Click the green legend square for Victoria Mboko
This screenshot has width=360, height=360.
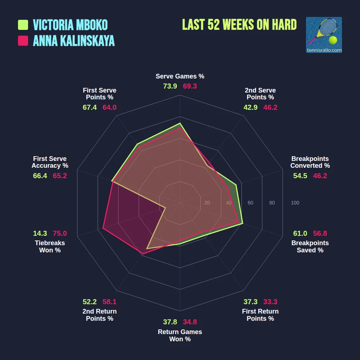click(x=23, y=25)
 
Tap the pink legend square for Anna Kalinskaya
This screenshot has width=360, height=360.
click(x=23, y=41)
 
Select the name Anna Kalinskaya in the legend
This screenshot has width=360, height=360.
click(x=73, y=41)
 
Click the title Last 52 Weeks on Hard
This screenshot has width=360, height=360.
click(x=239, y=25)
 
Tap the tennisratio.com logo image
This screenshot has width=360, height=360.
click(x=324, y=35)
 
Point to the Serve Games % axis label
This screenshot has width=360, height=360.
click(x=180, y=76)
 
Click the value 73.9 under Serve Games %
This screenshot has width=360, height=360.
click(x=170, y=86)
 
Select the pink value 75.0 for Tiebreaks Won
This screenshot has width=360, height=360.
click(x=60, y=233)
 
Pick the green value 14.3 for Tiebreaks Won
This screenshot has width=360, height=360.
click(x=40, y=233)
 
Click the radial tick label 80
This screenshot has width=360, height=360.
click(x=272, y=203)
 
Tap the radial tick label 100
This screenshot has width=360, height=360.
click(x=295, y=203)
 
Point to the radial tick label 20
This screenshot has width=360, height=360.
click(x=207, y=203)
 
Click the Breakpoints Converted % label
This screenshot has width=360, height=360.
click(x=310, y=162)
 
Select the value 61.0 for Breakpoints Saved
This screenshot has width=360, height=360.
click(x=300, y=233)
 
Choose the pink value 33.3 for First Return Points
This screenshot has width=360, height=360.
click(x=270, y=302)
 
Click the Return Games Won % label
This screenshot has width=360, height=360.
click(x=180, y=336)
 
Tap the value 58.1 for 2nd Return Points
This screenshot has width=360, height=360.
click(x=109, y=302)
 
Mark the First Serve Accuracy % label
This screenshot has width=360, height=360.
click(x=50, y=162)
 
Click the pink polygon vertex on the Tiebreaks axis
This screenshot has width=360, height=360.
click(x=103, y=228)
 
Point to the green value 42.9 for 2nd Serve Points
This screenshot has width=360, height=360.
click(x=251, y=107)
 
